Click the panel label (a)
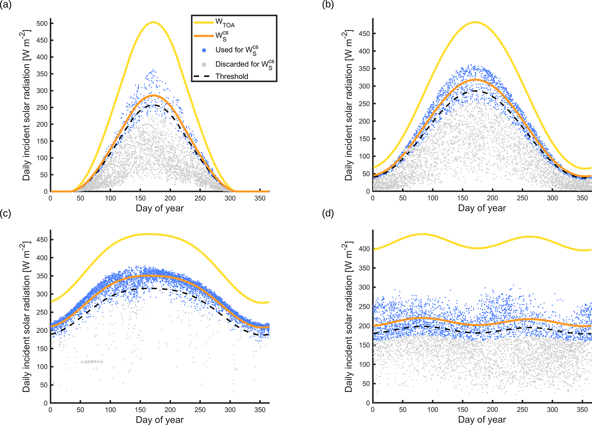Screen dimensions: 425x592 coord(5,5)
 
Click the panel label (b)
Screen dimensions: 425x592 coord(328,5)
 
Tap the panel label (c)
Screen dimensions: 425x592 coord(5,213)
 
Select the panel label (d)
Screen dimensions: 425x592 coord(328,213)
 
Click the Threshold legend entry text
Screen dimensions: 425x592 coord(232,76)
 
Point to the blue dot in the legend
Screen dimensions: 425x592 coord(204,50)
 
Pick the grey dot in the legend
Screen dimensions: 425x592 coord(204,64)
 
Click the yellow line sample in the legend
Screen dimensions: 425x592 coord(204,22)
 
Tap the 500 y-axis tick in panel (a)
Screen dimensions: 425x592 coord(42,23)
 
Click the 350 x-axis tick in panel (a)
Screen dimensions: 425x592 coord(260,198)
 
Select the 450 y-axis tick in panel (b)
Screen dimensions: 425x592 coord(364,34)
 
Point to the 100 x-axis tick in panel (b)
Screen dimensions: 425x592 coord(432,198)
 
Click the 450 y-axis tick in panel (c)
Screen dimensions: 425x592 coord(42,240)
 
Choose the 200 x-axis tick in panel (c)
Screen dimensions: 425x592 coord(170,410)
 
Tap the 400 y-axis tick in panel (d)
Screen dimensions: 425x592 coord(364,249)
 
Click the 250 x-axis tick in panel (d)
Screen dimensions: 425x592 coord(522,410)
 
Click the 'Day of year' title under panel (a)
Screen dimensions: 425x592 coord(160,208)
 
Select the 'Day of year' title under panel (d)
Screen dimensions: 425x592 coord(482,420)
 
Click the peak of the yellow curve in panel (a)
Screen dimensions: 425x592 coord(153,22)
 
